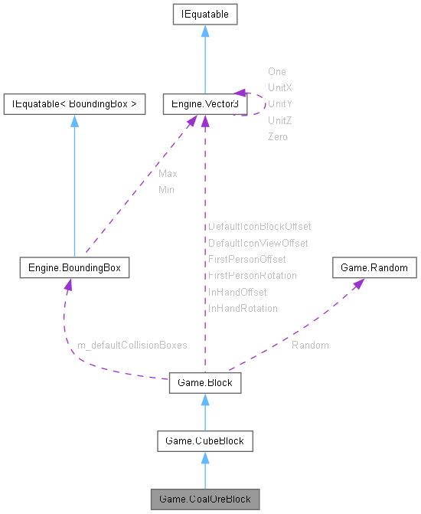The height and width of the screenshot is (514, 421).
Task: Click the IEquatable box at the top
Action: pos(204,14)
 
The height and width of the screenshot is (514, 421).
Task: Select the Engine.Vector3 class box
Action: pos(204,104)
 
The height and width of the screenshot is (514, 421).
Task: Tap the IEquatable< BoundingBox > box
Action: pos(74,104)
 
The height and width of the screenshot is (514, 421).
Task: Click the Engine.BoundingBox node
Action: pos(74,268)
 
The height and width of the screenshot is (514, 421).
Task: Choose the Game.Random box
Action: pos(374,268)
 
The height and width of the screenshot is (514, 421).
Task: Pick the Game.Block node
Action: pos(204,381)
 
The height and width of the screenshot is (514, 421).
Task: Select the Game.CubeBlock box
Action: pos(204,440)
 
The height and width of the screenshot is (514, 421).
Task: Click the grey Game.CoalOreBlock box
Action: pos(204,499)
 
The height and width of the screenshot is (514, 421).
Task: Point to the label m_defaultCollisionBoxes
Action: pos(132,345)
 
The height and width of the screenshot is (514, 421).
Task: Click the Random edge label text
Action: pos(310,345)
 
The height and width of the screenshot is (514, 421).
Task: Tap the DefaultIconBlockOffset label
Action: pos(259,227)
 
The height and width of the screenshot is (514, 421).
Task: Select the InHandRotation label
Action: pos(243,308)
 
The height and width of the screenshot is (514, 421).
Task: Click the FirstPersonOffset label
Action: pos(246,260)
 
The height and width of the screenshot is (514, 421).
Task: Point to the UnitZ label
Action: pos(279,120)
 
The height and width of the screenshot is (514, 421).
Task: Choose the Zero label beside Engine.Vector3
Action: pos(277,136)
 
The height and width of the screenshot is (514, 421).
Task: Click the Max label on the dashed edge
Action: pos(168,174)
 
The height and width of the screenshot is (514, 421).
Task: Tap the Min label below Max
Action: pos(166,189)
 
